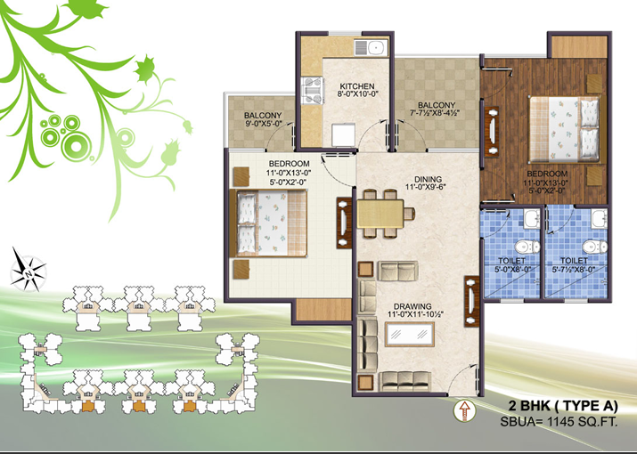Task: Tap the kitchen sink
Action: coord(372,48)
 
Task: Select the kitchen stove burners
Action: coord(312,91)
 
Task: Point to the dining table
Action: coord(380,213)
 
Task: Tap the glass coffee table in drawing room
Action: coord(410,334)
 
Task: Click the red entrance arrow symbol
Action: coord(464,410)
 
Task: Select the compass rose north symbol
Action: coord(28,270)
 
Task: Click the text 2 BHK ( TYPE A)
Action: coord(563,406)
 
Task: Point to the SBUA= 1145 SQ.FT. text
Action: coord(559,422)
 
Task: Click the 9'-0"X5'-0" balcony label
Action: coord(263,124)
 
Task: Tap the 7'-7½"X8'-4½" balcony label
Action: coord(437,113)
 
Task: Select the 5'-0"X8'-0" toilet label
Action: coord(510,269)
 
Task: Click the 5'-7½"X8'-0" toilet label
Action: coord(574,269)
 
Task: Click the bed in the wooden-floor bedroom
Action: coord(564,129)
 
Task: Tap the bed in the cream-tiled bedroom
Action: coord(268,223)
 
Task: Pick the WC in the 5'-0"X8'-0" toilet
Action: coord(527,247)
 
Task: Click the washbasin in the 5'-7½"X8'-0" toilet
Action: coord(600,219)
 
